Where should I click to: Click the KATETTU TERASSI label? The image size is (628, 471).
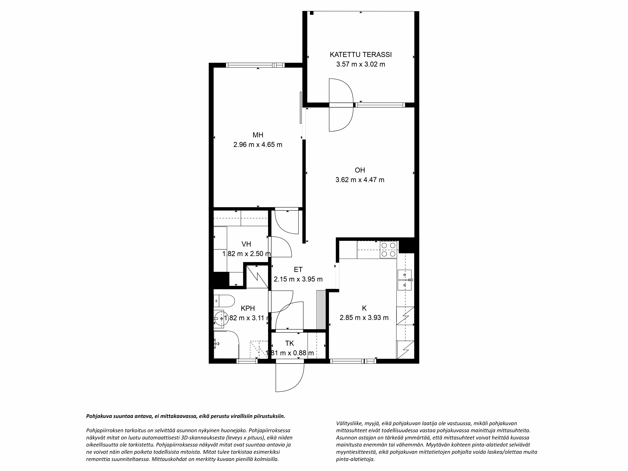tap(361, 54)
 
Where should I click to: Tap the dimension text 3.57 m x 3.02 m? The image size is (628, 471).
tap(361, 64)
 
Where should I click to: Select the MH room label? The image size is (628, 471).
tap(258, 135)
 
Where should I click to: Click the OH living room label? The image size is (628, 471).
tap(360, 170)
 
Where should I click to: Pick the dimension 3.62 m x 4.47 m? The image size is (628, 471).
tap(360, 180)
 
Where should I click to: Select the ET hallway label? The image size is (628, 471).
tap(298, 269)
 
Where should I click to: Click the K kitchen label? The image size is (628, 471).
tap(364, 308)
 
